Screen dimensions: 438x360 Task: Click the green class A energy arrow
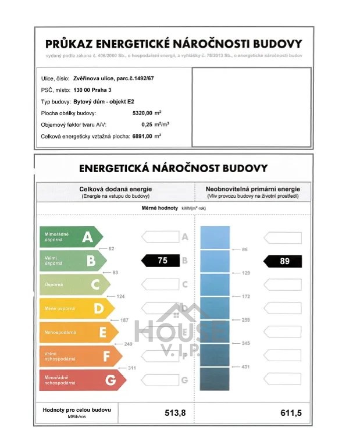pos(70,237)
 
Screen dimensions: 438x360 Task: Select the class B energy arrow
pos(73,261)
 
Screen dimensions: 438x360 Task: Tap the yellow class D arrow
pos(79,308)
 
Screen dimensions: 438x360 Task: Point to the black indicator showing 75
pos(161,261)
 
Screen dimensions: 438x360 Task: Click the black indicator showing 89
pos(283,261)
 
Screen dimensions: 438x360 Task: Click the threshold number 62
pos(111,248)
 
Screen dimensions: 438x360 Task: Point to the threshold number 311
pos(131,368)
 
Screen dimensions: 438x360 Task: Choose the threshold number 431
pos(245,366)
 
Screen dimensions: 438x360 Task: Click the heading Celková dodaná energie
pos(116,189)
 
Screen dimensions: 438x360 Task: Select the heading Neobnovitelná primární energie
pos(252,189)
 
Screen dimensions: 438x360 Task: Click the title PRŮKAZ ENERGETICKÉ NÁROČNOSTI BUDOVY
pos(174,44)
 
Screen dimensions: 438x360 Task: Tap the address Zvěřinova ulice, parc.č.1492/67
pos(115,77)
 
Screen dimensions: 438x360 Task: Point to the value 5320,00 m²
pos(146,113)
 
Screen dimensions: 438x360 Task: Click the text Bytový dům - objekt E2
pos(104,101)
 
